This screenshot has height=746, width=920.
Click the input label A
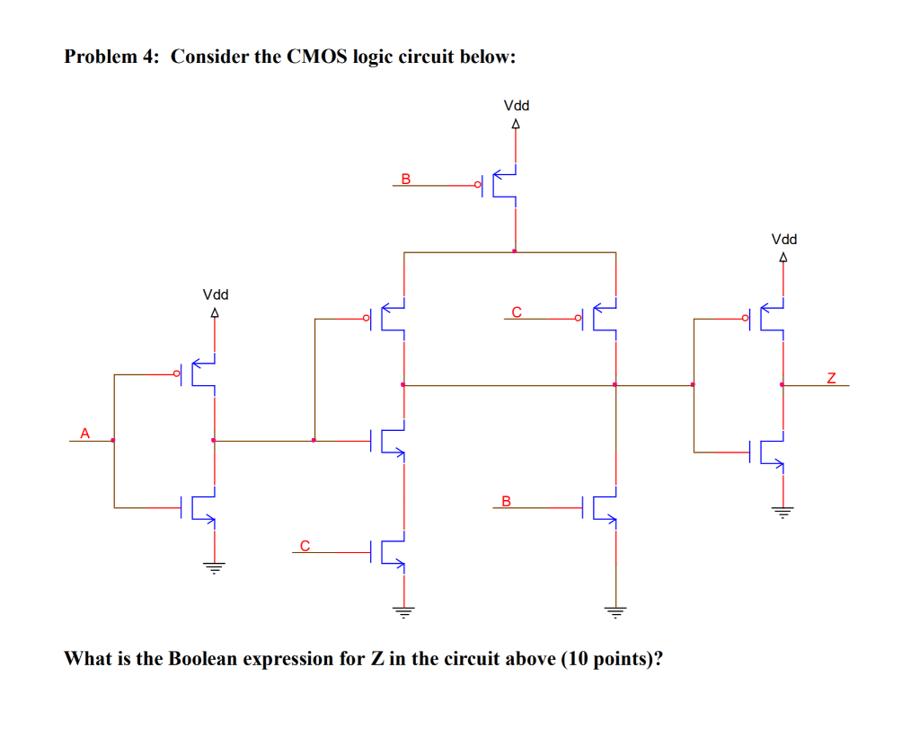[84, 433]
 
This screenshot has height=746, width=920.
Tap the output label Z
[831, 378]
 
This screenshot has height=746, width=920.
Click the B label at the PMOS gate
[405, 178]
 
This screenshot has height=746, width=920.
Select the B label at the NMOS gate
[506, 500]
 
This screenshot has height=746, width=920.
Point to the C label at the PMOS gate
[516, 312]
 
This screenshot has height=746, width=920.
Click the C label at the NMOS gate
[305, 544]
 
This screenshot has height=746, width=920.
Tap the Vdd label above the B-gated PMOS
[516, 106]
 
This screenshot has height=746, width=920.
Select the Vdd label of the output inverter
[783, 240]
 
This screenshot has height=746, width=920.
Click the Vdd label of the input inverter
[215, 294]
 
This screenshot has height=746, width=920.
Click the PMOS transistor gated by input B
[503, 185]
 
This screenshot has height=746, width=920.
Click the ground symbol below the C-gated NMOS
[403, 613]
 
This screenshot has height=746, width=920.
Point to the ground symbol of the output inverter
[783, 513]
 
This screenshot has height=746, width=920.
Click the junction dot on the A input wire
[113, 440]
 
